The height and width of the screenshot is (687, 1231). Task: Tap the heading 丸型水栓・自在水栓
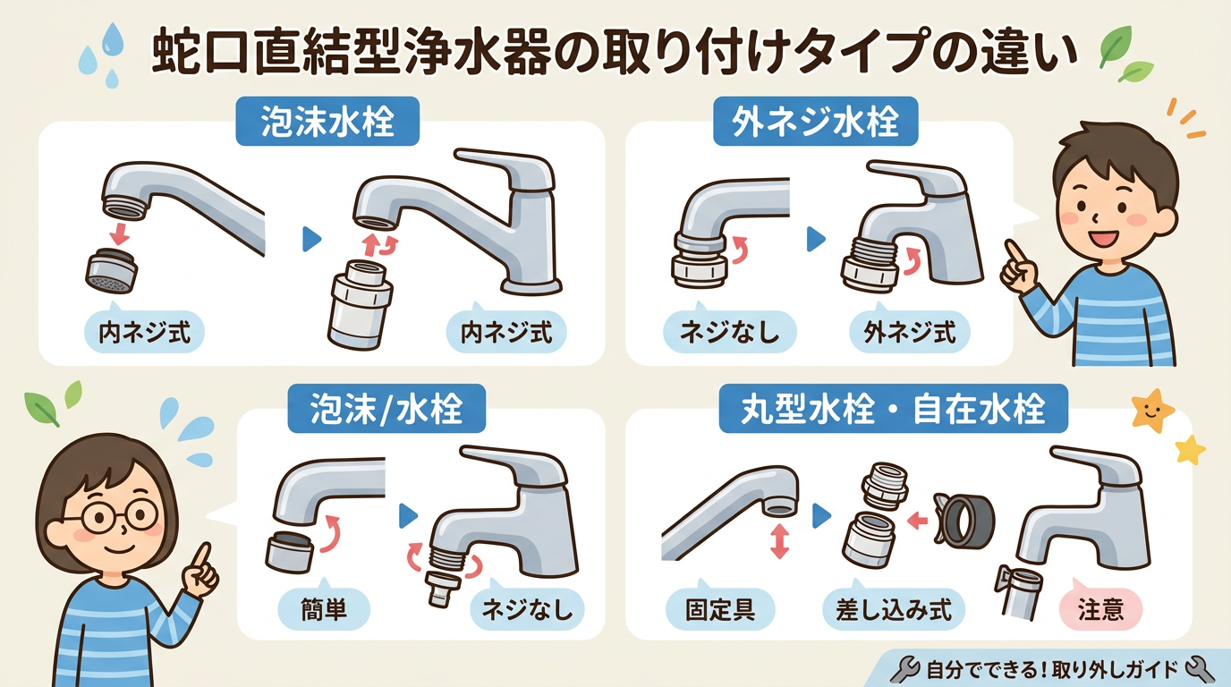point(894,409)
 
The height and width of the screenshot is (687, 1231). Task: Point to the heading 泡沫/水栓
point(386,409)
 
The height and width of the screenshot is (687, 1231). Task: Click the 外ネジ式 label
point(909,333)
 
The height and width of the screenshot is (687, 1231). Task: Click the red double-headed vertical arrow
point(779,542)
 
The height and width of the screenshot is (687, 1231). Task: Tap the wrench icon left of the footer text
point(905,667)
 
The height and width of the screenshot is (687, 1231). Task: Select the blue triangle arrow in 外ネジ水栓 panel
point(815,238)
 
